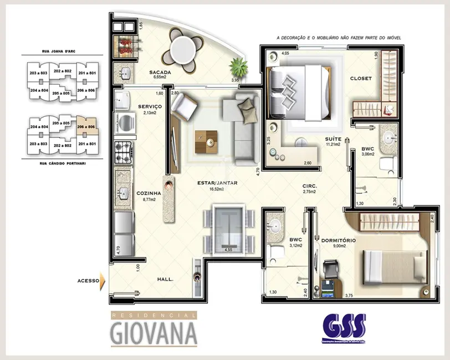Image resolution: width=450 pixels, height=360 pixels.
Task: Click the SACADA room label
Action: pyautogui.click(x=159, y=72)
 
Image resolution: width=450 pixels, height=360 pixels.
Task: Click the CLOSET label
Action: pyautogui.click(x=361, y=79)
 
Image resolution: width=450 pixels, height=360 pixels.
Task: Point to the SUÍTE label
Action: pyautogui.click(x=333, y=139)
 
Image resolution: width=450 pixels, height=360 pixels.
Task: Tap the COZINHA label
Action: pyautogui.click(x=149, y=193)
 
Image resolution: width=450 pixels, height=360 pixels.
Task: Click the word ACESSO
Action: pyautogui.click(x=88, y=281)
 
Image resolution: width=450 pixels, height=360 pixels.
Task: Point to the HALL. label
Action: pyautogui.click(x=165, y=280)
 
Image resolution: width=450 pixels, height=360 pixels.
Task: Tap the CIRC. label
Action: pyautogui.click(x=309, y=186)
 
